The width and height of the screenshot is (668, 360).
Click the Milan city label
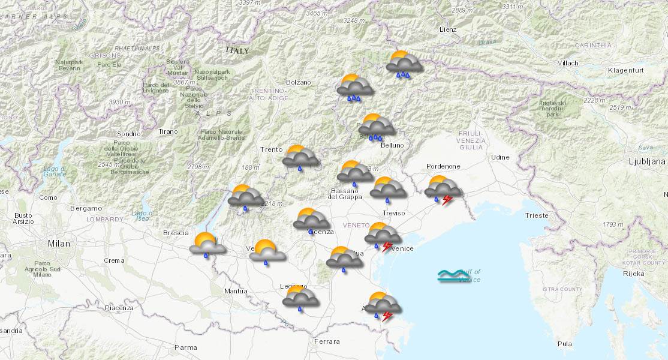pos(59,244)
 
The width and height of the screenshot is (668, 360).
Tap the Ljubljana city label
pos(646,161)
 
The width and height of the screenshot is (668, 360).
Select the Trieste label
pos(536,215)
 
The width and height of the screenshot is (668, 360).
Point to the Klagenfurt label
pos(625,71)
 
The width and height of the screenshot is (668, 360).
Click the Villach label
pos(567,63)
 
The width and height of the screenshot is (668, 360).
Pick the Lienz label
pos(447,29)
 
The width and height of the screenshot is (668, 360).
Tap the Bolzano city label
pos(299,82)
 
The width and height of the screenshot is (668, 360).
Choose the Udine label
pos(500,157)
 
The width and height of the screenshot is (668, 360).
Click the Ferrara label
pos(326,341)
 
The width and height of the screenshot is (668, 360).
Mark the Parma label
pos(185,347)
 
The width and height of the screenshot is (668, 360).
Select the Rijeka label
pos(633,274)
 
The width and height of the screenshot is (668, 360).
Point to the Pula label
pos(564,344)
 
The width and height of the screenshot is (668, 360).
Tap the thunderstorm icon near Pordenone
pos(443,190)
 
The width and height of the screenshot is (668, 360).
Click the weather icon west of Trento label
pos(246,198)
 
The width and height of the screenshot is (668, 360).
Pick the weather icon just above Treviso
pos(387,190)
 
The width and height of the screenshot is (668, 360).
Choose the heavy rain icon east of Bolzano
pos(355,89)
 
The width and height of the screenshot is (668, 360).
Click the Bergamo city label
pos(86,208)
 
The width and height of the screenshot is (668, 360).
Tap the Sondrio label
pos(129,134)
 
